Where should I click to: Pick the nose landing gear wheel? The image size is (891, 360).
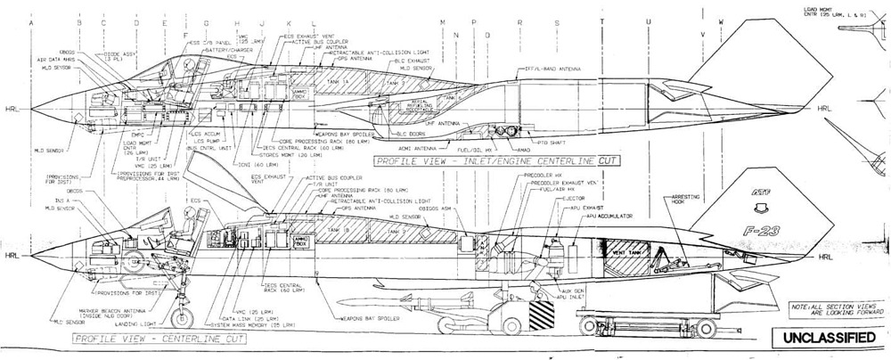tap(184, 319)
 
